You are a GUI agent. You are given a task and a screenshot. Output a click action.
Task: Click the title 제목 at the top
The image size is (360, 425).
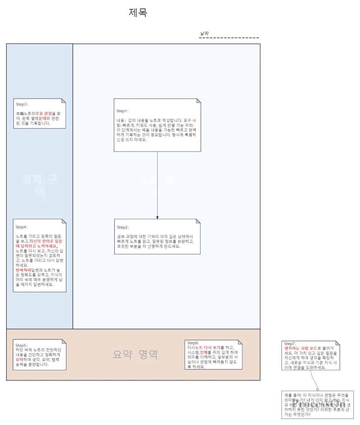tap(138, 13)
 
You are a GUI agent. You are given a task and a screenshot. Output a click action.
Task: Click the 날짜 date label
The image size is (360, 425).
tap(204, 34)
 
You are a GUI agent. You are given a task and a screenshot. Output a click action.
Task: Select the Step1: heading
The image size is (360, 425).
tap(122, 111)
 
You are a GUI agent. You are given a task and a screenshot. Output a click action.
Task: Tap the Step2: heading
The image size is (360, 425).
tap(123, 227)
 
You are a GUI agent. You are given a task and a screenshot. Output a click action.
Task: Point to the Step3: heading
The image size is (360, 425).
tap(22, 104)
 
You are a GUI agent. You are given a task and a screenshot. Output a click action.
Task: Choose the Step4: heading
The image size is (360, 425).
tap(22, 227)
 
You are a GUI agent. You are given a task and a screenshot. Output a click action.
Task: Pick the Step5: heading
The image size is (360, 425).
tap(22, 345)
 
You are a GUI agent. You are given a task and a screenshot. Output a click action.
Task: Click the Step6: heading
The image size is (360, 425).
tap(193, 343)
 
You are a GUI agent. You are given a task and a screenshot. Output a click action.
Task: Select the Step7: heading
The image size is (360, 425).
tap(290, 344)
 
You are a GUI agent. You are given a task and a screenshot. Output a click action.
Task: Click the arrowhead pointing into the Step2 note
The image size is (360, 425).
tap(157, 217)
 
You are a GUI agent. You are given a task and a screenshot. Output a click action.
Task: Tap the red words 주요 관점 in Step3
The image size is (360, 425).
tap(44, 113)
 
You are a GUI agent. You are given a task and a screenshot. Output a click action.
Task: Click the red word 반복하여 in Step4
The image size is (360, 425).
tap(23, 270)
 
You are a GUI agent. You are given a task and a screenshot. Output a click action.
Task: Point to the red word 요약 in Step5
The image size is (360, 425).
tap(20, 359)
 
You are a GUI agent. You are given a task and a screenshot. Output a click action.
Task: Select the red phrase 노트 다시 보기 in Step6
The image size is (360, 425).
tap(208, 348)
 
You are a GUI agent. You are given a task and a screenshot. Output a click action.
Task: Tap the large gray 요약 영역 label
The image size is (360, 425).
tap(135, 355)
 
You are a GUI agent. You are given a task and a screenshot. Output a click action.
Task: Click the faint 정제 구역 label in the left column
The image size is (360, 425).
tap(40, 185)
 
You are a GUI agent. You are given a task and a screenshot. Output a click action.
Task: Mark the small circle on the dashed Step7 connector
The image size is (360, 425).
tap(318, 389)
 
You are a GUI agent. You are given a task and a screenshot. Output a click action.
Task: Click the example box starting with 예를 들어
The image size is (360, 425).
tap(318, 404)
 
